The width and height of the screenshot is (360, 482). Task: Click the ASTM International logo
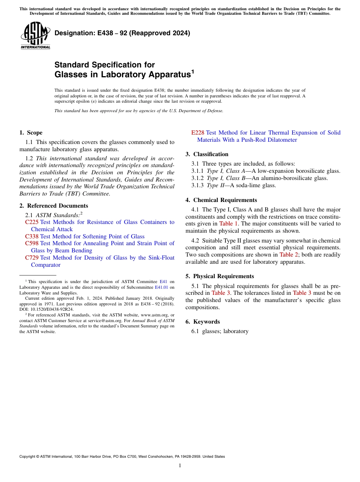(x=35, y=36)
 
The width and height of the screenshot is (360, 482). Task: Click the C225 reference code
(x=31, y=222)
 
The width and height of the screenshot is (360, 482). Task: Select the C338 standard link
(x=31, y=236)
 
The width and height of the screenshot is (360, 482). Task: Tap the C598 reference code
(x=31, y=243)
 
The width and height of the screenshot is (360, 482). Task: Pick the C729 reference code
(x=31, y=258)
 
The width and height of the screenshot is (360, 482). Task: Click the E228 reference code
(x=197, y=133)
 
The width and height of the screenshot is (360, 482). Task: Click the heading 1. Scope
(x=31, y=133)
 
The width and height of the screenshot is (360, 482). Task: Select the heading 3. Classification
(x=207, y=154)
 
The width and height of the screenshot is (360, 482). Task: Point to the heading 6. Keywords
(x=202, y=322)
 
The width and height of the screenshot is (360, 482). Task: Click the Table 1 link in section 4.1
(x=229, y=224)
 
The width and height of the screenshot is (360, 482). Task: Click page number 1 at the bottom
(x=180, y=466)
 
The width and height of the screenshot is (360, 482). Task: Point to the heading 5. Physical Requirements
(x=220, y=276)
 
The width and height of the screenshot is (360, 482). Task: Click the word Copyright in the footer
(x=29, y=457)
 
